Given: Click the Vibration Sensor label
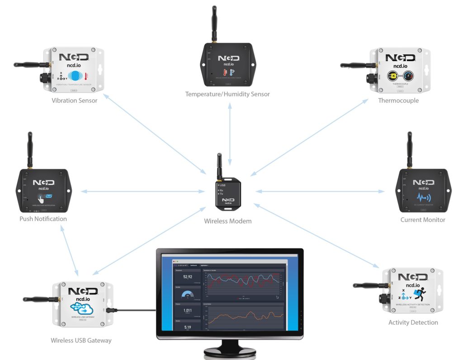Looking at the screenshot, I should (75, 100).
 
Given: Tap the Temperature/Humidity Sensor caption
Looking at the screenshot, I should (227, 94).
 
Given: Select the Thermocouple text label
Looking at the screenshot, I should (398, 100).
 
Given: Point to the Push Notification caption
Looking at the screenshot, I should (43, 219).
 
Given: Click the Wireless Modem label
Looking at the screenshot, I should (228, 221).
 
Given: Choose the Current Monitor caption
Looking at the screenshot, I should (423, 220).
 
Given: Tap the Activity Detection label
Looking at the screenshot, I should (413, 323).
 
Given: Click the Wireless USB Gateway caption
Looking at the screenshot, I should (81, 340).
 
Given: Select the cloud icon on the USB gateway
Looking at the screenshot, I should (82, 308).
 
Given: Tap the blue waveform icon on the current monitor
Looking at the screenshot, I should (423, 198).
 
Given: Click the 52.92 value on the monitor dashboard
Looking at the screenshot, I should (187, 277).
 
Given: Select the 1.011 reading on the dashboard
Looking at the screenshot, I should (187, 311).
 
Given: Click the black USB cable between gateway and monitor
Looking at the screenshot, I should (136, 311).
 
